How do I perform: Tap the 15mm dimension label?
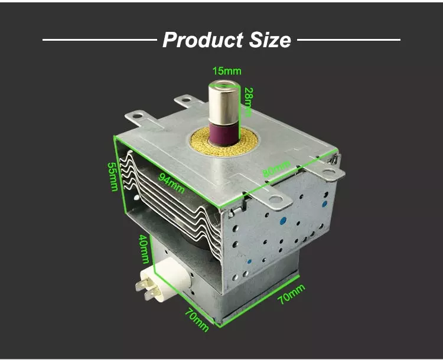[x=223, y=71]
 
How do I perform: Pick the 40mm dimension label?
[x=144, y=249]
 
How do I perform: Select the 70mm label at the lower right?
[x=291, y=295]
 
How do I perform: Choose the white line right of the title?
[x=348, y=40]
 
